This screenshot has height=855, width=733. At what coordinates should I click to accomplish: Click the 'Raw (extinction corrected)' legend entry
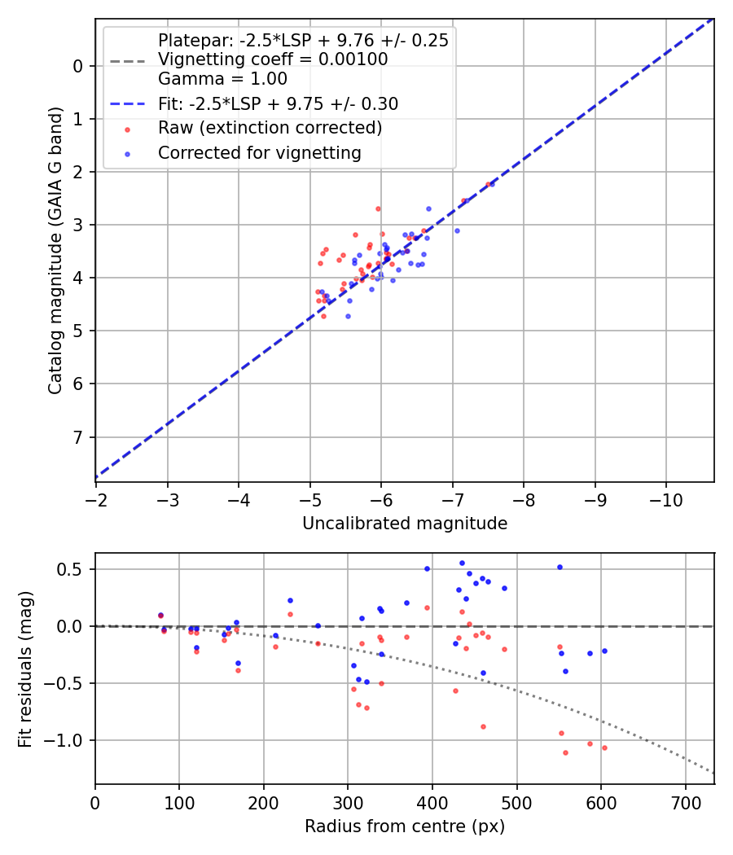point(270,129)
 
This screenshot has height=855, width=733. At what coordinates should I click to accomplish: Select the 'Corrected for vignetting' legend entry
point(259,153)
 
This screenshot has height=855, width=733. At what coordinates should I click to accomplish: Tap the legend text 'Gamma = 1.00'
point(222,79)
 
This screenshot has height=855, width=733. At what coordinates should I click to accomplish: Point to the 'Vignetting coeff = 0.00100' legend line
point(272,59)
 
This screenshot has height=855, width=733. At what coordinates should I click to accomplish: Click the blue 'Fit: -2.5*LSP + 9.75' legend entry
point(277,104)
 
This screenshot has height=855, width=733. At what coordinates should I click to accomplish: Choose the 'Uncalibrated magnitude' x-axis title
point(405,524)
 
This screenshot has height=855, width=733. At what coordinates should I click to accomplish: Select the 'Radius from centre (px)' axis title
point(405,826)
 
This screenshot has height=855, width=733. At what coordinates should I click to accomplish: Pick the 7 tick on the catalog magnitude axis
point(78,437)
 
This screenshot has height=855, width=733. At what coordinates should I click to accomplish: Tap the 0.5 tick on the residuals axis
point(72,569)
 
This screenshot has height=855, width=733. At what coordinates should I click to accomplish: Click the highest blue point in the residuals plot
point(462,563)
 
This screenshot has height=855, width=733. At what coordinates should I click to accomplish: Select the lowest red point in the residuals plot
point(565,752)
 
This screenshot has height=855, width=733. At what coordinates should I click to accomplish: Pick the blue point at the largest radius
point(604,651)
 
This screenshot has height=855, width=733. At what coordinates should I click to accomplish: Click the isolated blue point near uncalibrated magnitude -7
point(457,230)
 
